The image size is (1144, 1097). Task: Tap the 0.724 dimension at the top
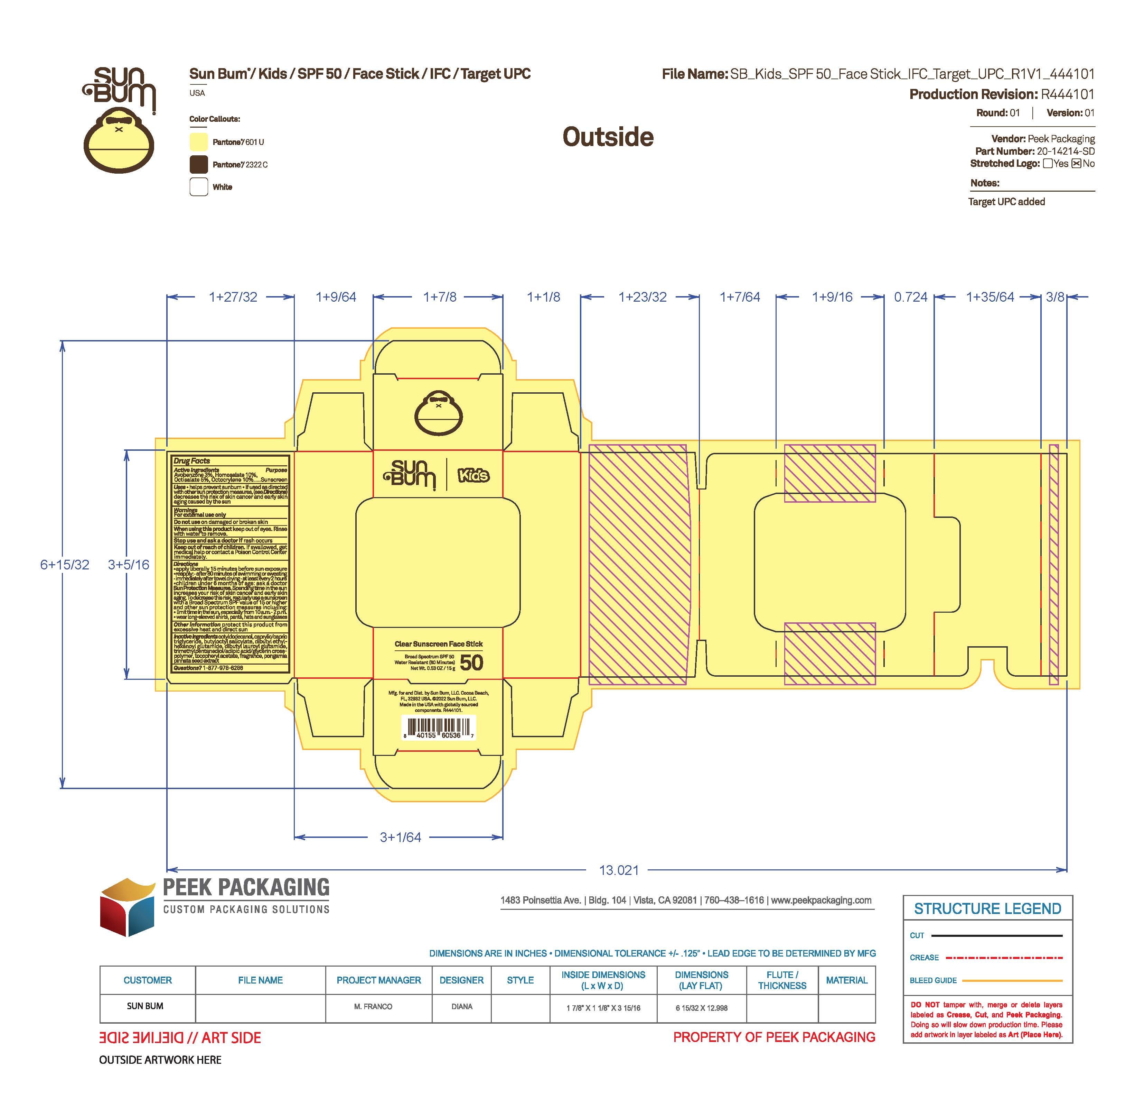(x=910, y=297)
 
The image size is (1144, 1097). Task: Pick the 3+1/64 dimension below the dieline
(x=400, y=838)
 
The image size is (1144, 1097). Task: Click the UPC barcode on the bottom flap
(x=439, y=728)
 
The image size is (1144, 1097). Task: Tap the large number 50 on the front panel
(x=472, y=663)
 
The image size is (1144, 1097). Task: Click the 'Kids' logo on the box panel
(x=473, y=475)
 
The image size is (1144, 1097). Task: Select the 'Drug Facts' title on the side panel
(x=191, y=461)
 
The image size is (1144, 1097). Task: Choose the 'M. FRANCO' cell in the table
(x=373, y=1006)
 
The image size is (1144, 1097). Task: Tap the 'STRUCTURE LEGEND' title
(x=987, y=909)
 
